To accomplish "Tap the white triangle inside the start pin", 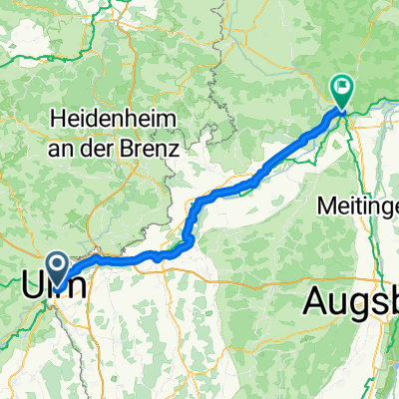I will [x=58, y=263].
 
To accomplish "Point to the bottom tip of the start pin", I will [x=58, y=281].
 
